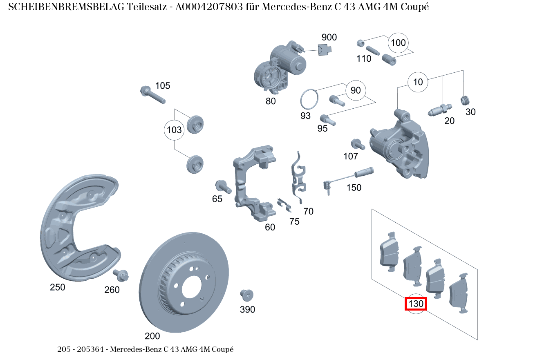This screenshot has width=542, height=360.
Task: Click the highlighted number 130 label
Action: click(x=416, y=304)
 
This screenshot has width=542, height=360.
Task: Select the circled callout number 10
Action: click(x=418, y=82)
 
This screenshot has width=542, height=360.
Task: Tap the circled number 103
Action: click(x=174, y=130)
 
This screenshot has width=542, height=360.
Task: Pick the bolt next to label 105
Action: click(x=152, y=95)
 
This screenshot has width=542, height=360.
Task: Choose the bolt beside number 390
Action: click(x=246, y=295)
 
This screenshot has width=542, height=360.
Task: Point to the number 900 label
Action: click(x=329, y=38)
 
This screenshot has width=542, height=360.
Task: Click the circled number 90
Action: click(x=356, y=90)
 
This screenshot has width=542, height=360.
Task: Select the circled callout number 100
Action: click(x=398, y=43)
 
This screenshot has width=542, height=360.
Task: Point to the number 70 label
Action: click(x=308, y=211)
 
